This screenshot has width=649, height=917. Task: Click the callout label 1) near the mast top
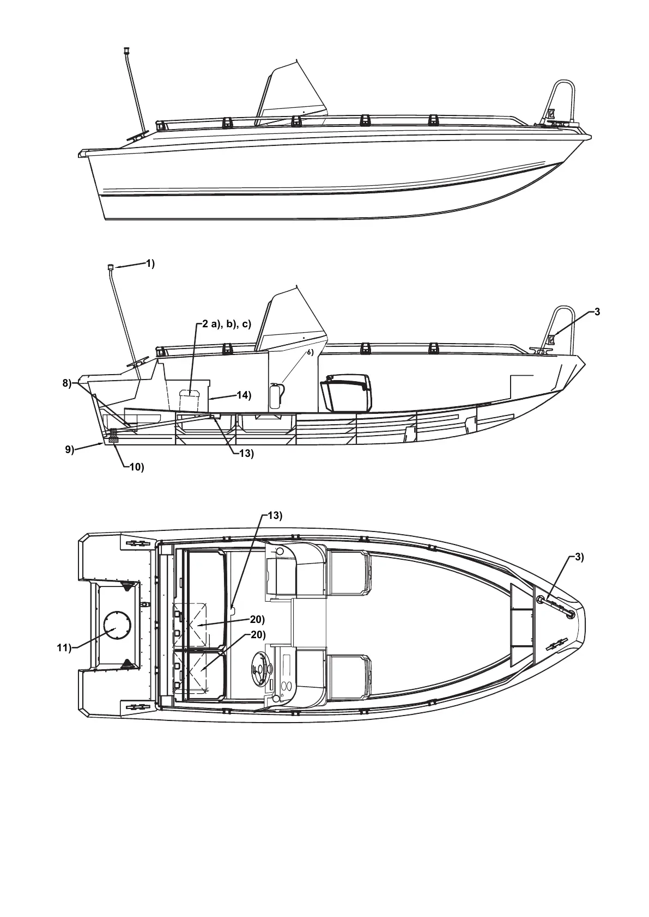click(x=149, y=264)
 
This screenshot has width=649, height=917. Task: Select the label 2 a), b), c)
click(x=226, y=325)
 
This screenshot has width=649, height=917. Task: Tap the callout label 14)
click(x=244, y=395)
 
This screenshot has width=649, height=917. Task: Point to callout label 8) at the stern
click(x=66, y=383)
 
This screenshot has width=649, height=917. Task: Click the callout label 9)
click(x=69, y=449)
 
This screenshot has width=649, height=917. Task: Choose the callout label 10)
click(x=136, y=467)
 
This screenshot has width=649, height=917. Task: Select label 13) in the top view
click(x=275, y=516)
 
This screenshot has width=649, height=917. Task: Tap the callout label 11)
click(x=64, y=647)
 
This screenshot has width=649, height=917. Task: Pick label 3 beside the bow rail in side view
click(x=597, y=311)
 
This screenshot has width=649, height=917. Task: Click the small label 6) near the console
click(x=310, y=352)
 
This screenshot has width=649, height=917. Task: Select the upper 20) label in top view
click(x=257, y=619)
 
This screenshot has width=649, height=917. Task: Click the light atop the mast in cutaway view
click(x=110, y=267)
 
